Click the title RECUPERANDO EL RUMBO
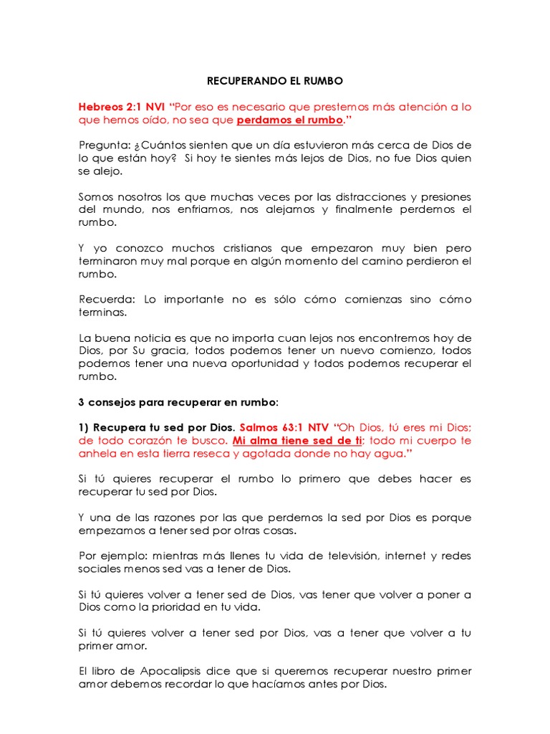(x=274, y=81)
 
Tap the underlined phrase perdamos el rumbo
(x=289, y=120)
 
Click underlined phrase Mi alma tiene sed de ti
(x=297, y=440)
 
